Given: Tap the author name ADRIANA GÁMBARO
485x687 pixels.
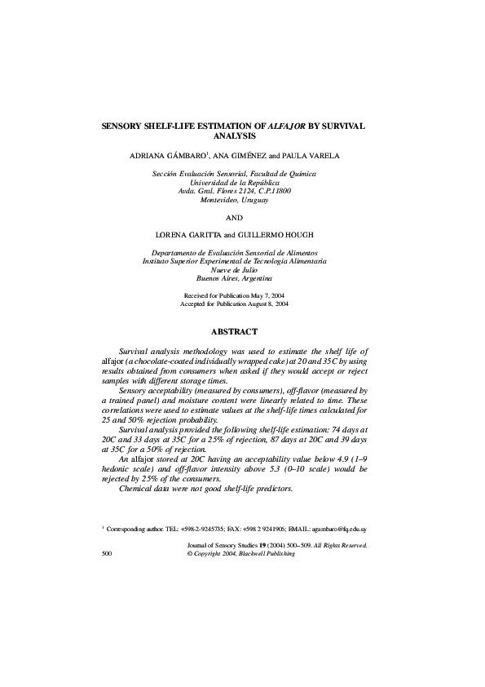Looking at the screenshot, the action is point(170,155).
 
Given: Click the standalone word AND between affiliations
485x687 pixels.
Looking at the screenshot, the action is point(234,217).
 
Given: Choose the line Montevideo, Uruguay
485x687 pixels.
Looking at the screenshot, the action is point(234,198).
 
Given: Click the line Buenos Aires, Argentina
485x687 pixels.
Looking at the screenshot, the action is point(234,278).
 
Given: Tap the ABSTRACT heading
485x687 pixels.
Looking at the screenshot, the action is point(234,332).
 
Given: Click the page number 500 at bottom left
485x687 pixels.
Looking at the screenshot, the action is point(107,553).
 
